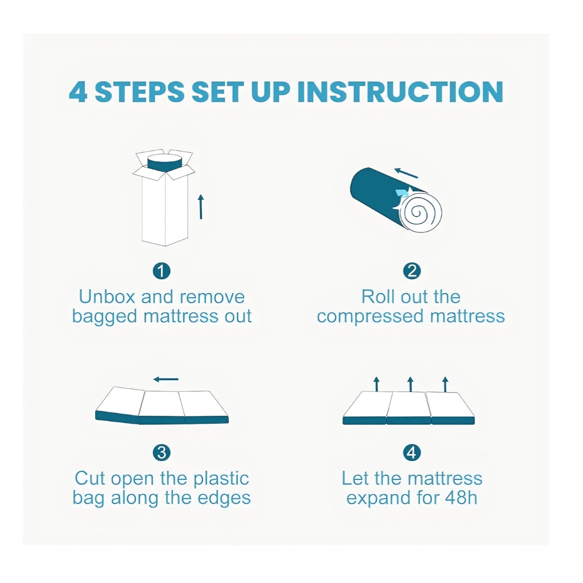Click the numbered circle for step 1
(x=161, y=271)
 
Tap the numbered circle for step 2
(x=412, y=271)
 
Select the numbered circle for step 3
(x=161, y=453)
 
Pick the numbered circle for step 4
(x=412, y=453)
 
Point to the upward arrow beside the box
(x=201, y=207)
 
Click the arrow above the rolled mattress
(x=406, y=173)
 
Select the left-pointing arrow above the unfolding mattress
(x=166, y=379)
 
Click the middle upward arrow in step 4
(x=410, y=384)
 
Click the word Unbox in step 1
(x=107, y=297)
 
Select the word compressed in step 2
(x=370, y=316)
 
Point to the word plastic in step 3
(x=221, y=479)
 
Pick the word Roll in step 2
(x=378, y=297)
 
